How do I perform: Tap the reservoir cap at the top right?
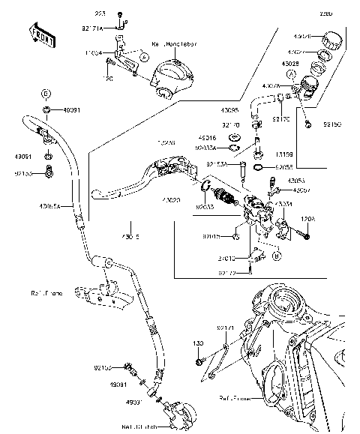pyautogui.click(x=331, y=38)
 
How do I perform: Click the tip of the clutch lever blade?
pyautogui.click(x=97, y=195)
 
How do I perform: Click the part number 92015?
pyautogui.click(x=211, y=236)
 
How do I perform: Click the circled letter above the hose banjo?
pyautogui.click(x=46, y=94)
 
